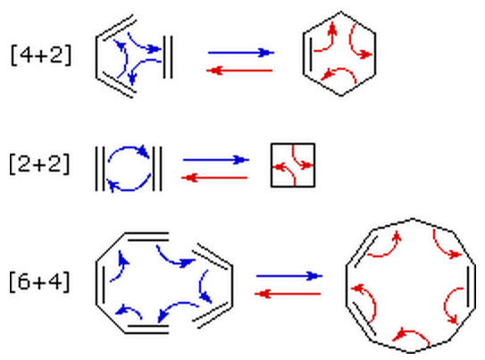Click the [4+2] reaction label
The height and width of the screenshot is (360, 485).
pos(41,55)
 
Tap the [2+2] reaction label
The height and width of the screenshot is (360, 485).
pos(39,163)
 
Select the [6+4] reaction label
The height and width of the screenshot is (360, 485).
pos(39,281)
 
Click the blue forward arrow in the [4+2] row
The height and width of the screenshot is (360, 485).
pos(241,53)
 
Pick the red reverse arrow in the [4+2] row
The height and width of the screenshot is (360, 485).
pos(239,71)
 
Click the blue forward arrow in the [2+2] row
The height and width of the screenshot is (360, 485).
pos(216,160)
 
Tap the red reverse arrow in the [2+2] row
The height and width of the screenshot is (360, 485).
pos(214,178)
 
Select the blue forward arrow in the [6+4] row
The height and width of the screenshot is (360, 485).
pos(289,276)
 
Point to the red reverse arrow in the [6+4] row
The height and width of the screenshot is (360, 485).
pos(288,294)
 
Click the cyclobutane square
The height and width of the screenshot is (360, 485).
pos(272,165)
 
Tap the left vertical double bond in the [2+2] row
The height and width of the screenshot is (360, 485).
pos(100,169)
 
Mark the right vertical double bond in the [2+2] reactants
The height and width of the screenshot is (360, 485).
pos(157,169)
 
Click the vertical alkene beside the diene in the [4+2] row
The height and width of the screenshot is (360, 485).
pos(168,57)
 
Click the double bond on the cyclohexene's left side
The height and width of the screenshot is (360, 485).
pos(307,54)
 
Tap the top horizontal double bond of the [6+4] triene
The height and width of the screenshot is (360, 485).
pos(146,237)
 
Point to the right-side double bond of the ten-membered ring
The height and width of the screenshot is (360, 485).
pos(472,286)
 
